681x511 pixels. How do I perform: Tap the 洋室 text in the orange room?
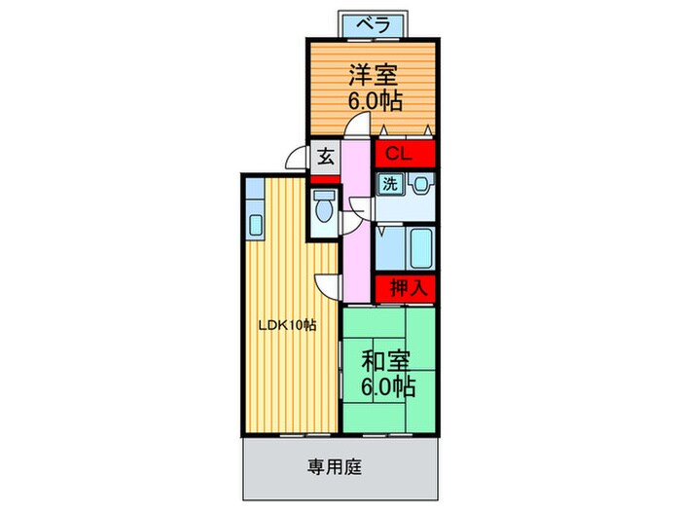[373, 74]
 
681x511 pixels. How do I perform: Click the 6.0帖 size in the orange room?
[373, 99]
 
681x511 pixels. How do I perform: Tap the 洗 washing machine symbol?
[388, 183]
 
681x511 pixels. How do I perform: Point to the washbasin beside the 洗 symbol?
[420, 183]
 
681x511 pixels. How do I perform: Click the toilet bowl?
[324, 208]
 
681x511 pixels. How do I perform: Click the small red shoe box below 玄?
[324, 179]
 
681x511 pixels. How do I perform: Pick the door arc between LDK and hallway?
[330, 284]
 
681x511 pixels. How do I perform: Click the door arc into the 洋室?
[358, 127]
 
